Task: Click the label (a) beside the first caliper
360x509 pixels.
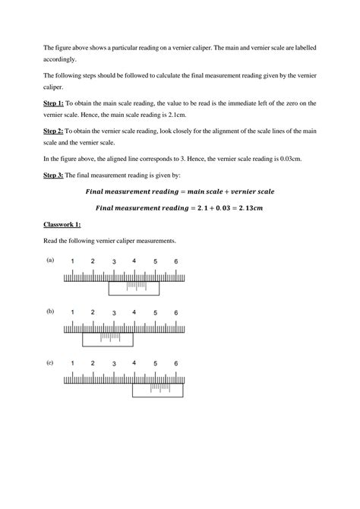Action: click(49, 259)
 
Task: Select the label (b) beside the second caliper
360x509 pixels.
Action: click(49, 311)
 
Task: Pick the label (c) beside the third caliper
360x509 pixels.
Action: click(49, 363)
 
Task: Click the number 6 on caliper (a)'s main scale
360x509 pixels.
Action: click(175, 262)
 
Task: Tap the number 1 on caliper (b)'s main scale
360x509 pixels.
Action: click(72, 313)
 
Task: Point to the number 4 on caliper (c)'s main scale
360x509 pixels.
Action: click(134, 363)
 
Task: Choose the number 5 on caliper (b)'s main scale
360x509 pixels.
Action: click(155, 313)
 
